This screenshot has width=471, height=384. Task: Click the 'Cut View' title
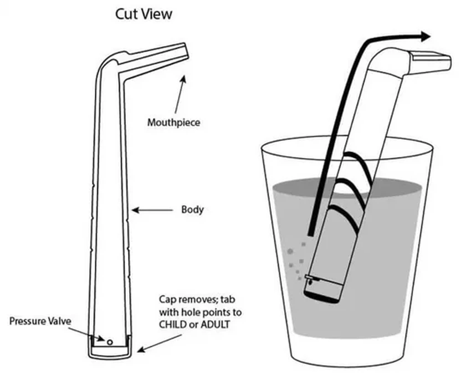point(144,14)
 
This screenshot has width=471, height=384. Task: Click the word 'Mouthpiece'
point(173,122)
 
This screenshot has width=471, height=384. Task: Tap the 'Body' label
point(192,210)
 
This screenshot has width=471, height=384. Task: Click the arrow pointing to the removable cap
point(155,341)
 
